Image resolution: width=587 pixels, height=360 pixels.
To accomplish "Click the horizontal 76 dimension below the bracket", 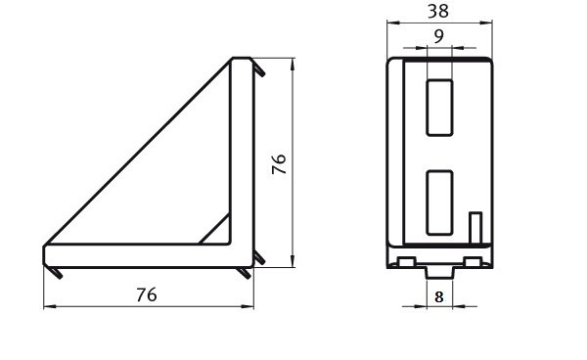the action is click(x=147, y=294).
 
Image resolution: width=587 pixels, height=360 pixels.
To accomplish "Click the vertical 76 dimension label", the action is click(x=279, y=164).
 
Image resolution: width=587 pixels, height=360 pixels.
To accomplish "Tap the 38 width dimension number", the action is click(x=438, y=11).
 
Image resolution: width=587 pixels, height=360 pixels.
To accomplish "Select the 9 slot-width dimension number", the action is click(x=438, y=36).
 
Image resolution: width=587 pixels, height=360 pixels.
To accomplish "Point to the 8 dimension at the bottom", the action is click(x=439, y=297).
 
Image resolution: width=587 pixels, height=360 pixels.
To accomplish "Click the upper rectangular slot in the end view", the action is click(x=439, y=108).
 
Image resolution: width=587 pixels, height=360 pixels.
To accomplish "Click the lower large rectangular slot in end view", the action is click(x=439, y=202).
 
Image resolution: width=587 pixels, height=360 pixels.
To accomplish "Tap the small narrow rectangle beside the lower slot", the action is click(x=475, y=227).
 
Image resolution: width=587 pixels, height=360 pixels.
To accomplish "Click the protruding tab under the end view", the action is click(x=439, y=272).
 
